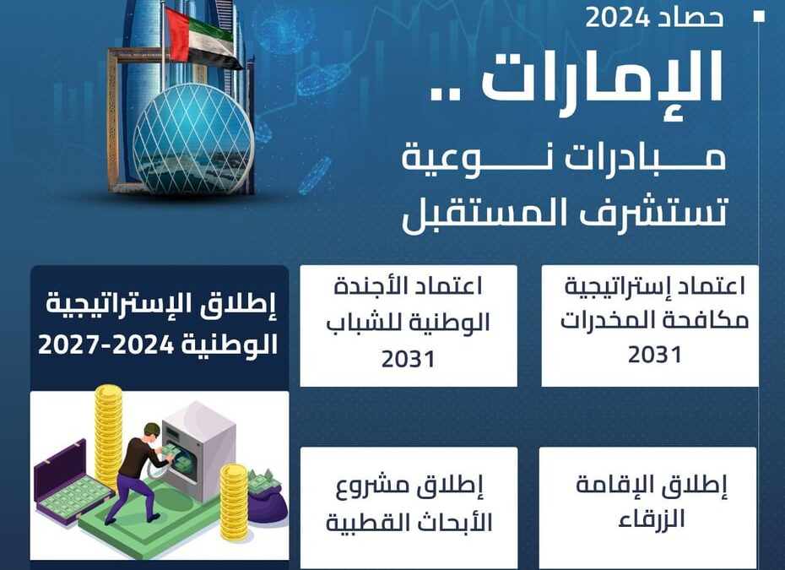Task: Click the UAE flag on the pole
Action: [203, 38]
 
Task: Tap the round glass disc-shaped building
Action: [193, 139]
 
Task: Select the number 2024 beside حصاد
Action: [617, 18]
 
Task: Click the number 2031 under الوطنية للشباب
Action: [408, 360]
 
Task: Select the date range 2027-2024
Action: [106, 345]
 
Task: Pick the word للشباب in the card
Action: [359, 323]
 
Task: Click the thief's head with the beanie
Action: [152, 432]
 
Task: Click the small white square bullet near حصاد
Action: [759, 16]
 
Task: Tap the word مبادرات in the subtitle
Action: [645, 159]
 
